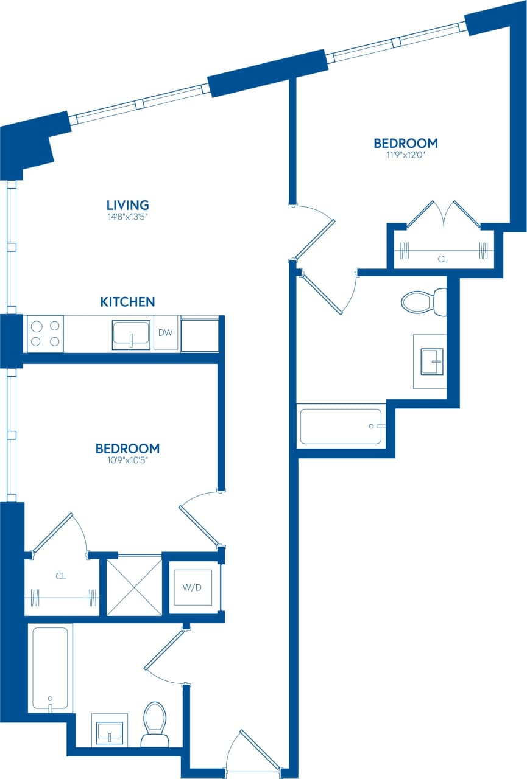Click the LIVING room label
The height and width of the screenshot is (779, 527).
(x=128, y=205)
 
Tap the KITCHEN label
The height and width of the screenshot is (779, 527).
(x=127, y=302)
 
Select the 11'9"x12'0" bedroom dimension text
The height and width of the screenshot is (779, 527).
(x=405, y=155)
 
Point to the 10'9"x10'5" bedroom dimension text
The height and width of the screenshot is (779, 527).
(x=127, y=461)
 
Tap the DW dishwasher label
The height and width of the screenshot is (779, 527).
(x=166, y=333)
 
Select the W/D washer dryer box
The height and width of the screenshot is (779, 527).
(x=193, y=587)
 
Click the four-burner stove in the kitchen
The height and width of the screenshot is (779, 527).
(x=45, y=333)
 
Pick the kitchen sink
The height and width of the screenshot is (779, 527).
(x=131, y=335)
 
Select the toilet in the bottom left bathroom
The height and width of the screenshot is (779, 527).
(x=154, y=724)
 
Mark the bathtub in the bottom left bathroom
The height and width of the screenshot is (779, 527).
(x=50, y=668)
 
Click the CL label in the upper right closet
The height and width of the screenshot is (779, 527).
(x=443, y=259)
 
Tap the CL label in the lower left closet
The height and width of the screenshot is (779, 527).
(x=60, y=575)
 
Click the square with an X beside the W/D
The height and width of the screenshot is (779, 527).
(x=134, y=585)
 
